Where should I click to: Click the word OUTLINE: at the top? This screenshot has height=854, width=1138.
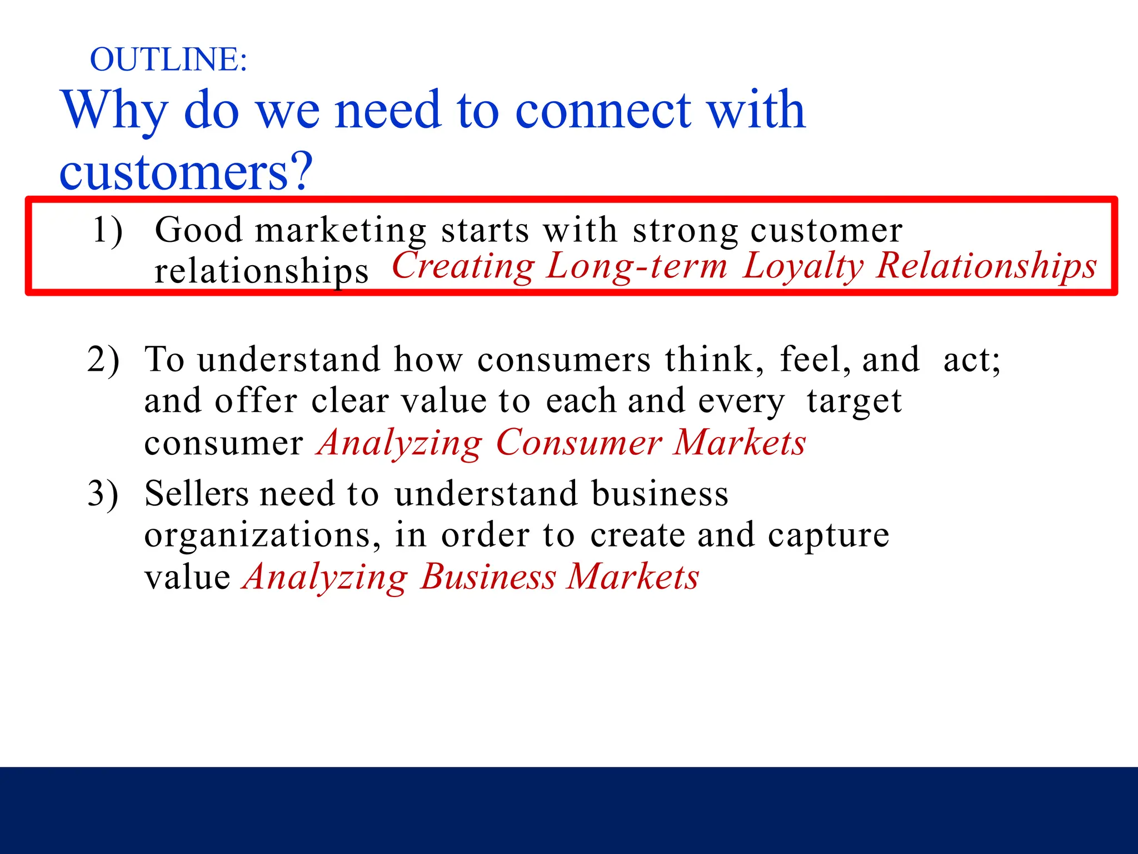tap(168, 59)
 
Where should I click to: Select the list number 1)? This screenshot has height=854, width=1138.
tap(107, 230)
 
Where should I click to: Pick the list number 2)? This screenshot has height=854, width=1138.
tap(103, 359)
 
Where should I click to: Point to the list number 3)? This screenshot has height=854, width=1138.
tap(103, 493)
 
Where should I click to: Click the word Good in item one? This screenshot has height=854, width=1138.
tap(199, 230)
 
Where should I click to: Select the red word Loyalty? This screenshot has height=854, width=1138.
tap(803, 266)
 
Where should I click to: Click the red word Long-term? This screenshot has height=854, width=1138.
tap(637, 266)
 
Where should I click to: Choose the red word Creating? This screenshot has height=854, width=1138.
tap(463, 266)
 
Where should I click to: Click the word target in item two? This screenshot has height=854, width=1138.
tap(854, 401)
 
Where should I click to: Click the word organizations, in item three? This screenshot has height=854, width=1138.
tap(263, 535)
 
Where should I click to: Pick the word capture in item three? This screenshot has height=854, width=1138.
tap(828, 535)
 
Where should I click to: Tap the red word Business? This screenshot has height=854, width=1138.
tap(488, 577)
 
